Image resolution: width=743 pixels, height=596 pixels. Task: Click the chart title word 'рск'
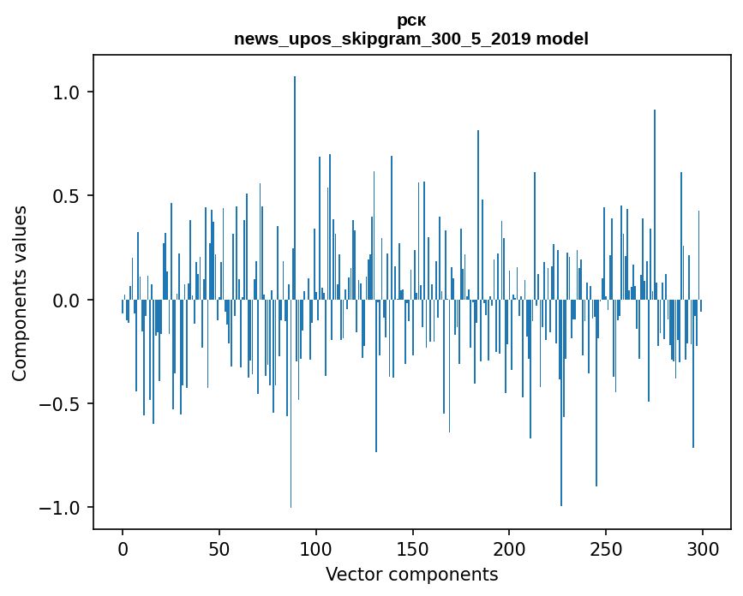tap(411, 21)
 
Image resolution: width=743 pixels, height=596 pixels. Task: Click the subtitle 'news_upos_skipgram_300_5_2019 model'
tap(411, 39)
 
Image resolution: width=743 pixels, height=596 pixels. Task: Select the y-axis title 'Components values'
tap(20, 293)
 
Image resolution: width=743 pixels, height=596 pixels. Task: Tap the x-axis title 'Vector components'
tap(411, 574)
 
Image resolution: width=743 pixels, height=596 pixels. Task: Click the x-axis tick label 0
tap(123, 547)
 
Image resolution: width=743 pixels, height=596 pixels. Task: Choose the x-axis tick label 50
tap(219, 547)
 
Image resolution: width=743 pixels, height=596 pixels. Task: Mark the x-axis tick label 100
tap(316, 547)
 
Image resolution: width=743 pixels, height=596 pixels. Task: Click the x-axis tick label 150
tap(413, 547)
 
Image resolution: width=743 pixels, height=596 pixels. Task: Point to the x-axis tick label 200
tap(510, 547)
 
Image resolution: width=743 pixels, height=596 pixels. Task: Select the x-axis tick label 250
tap(607, 547)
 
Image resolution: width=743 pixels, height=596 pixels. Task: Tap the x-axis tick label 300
tap(704, 547)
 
